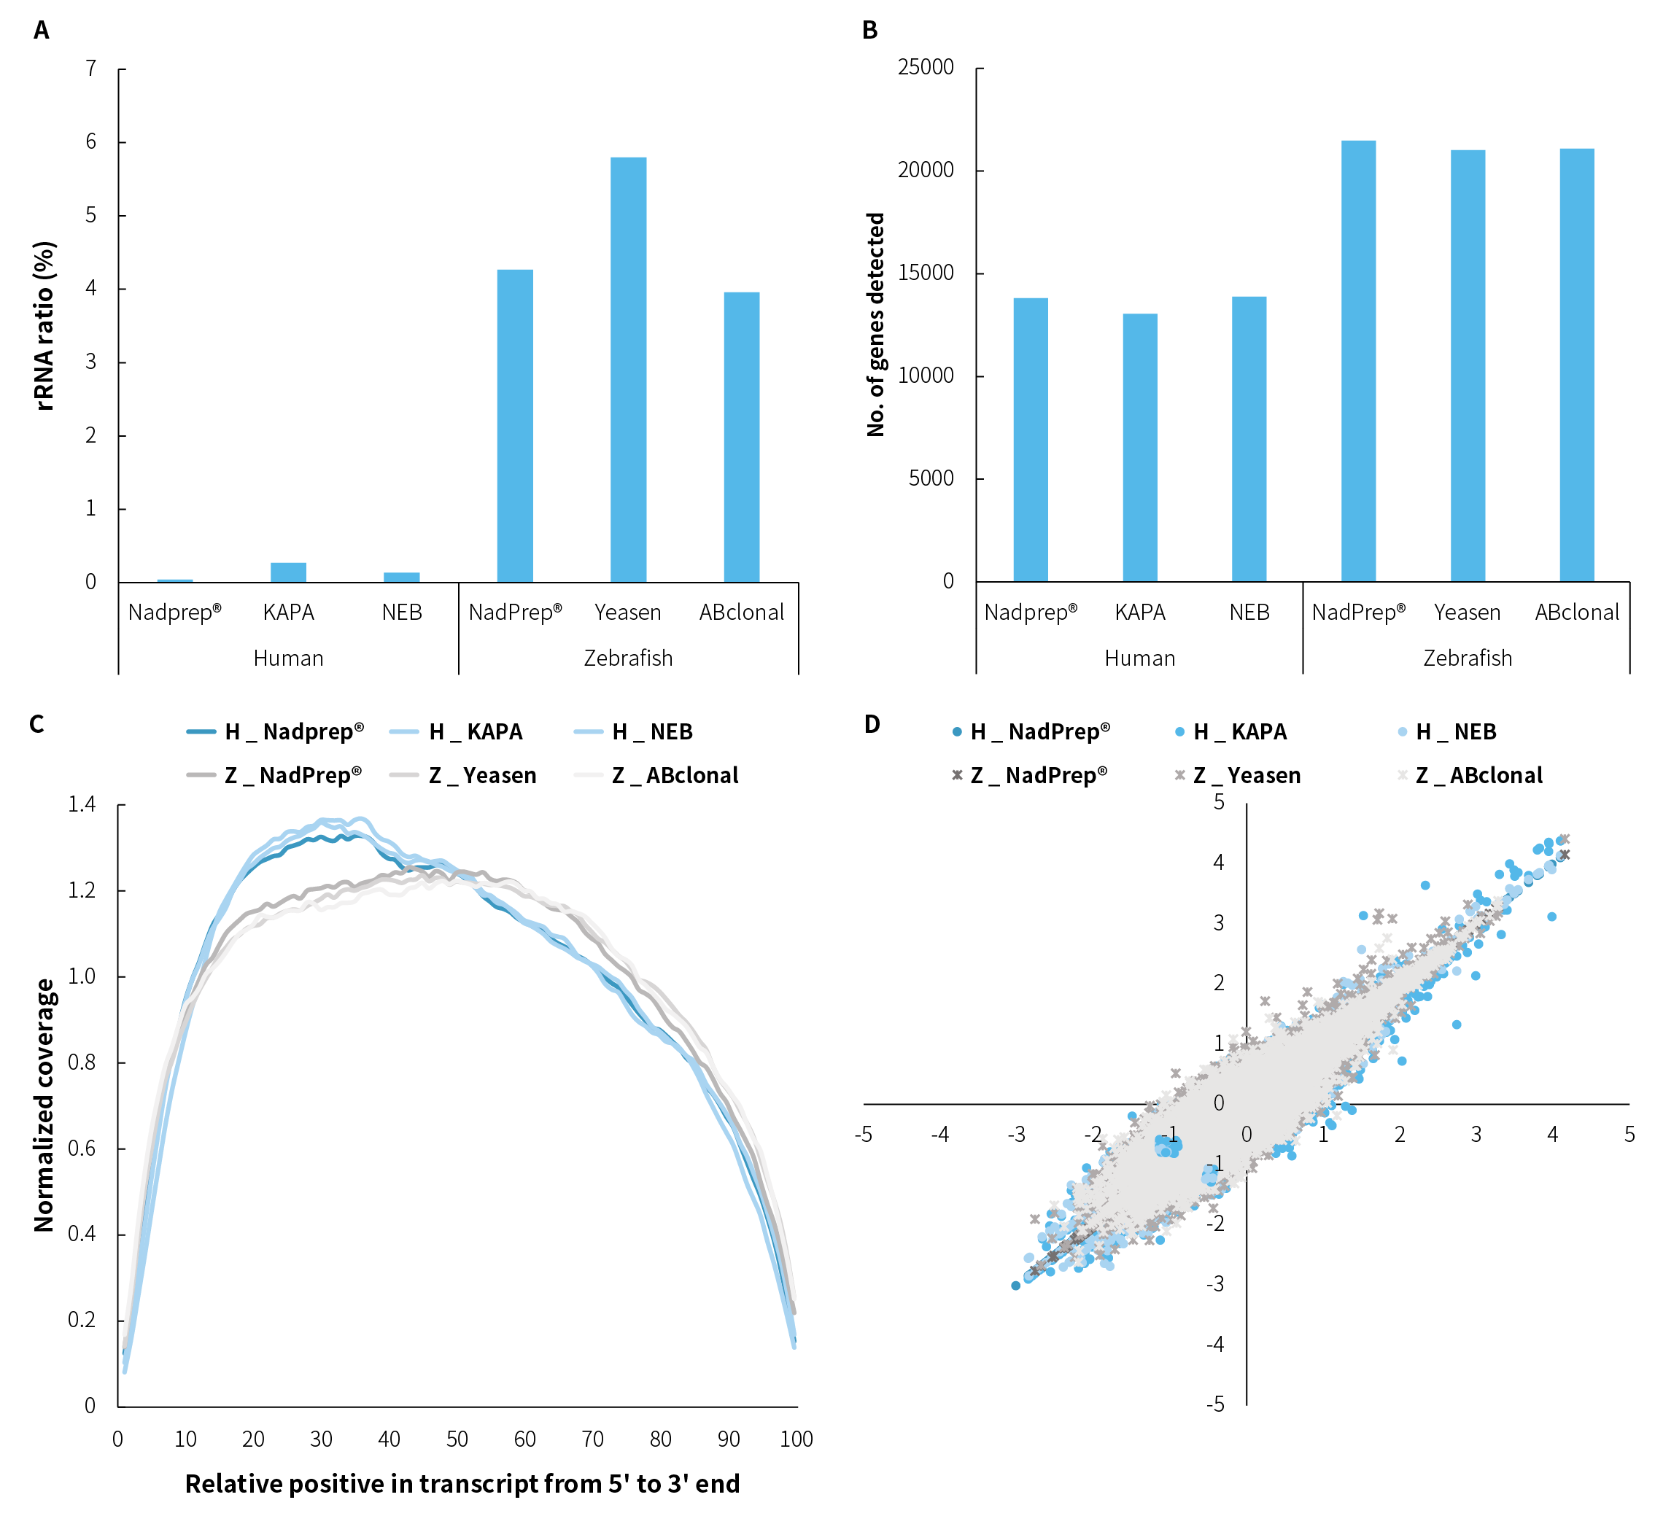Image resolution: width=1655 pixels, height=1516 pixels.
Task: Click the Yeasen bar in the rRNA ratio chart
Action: click(628, 370)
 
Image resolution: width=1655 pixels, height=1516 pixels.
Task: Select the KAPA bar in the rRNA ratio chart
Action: click(288, 572)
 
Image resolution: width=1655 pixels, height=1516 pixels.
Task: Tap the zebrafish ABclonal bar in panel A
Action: click(741, 437)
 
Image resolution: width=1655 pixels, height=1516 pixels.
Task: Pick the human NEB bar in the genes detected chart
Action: click(1249, 439)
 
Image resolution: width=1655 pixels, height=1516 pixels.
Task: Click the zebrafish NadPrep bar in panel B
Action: click(1358, 361)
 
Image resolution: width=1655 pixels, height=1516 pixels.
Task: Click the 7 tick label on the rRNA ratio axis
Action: click(91, 68)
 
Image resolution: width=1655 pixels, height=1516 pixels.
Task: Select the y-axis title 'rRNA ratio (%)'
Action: click(45, 325)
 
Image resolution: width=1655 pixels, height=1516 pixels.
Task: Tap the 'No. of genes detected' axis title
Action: click(876, 325)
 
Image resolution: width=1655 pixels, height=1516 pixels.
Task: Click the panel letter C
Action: click(37, 724)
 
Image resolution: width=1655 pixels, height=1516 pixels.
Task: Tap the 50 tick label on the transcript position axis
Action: click(457, 1439)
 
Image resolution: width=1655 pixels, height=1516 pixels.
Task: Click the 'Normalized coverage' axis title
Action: click(44, 1105)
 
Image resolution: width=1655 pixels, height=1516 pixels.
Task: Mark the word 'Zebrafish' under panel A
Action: click(628, 658)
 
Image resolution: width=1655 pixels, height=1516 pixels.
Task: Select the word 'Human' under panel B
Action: click(1139, 658)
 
